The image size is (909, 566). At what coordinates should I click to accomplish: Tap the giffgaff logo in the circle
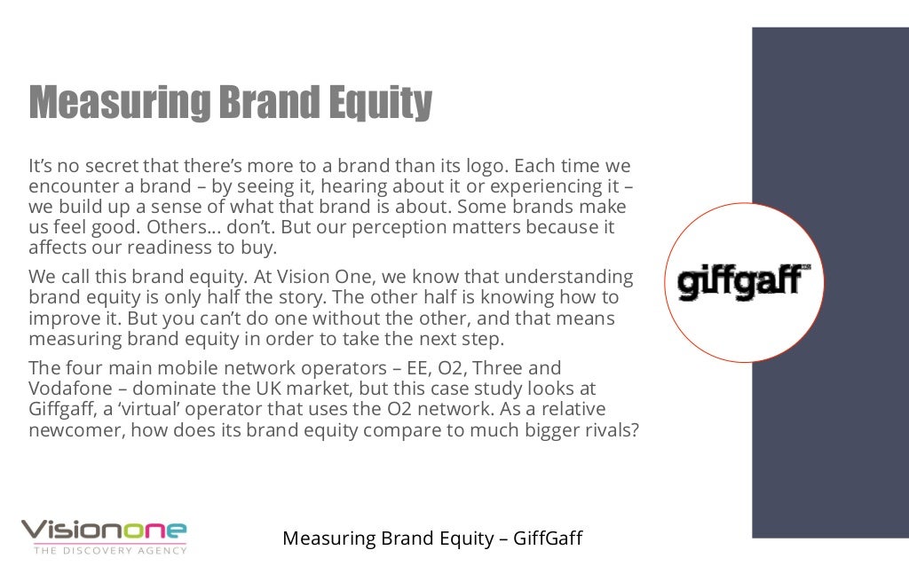[744, 282]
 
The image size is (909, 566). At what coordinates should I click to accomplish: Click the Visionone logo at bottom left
[104, 531]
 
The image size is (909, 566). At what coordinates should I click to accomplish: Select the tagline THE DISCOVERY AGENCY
[110, 551]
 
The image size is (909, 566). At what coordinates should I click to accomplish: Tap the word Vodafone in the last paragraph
[67, 389]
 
